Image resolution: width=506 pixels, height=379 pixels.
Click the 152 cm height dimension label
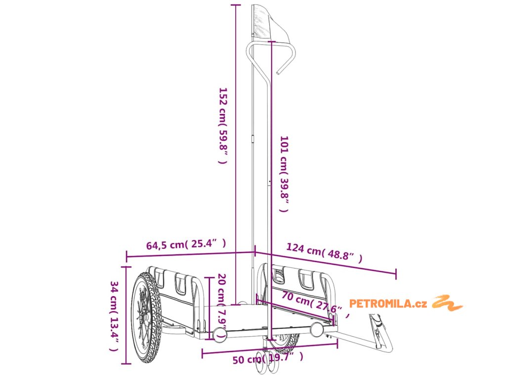[223, 125]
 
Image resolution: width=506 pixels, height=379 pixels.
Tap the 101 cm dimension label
[284, 174]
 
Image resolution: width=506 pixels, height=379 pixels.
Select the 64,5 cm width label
[186, 244]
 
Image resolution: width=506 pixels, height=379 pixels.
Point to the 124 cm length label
[324, 253]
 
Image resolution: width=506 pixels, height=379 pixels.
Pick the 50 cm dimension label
[267, 358]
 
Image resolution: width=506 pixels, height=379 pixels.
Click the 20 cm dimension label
[222, 301]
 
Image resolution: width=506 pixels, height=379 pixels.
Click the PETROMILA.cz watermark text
[388, 303]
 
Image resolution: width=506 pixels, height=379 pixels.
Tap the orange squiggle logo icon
[448, 302]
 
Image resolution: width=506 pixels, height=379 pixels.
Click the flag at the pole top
[265, 22]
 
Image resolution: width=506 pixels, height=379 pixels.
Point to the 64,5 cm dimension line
[190, 254]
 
